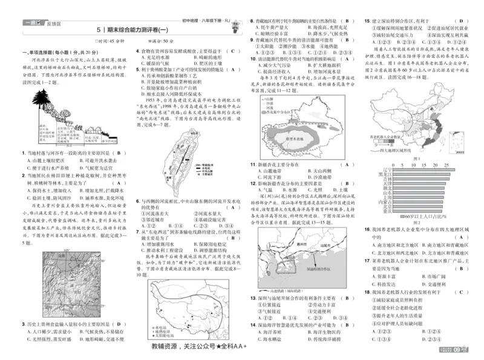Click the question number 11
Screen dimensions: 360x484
pos(253,165)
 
